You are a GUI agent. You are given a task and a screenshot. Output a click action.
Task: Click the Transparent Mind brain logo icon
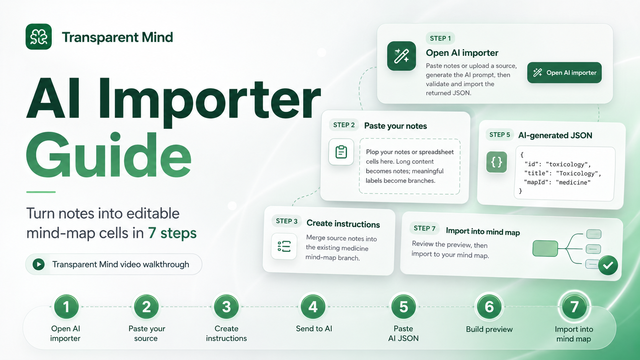click(39, 37)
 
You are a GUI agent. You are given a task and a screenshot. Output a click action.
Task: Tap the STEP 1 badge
click(440, 38)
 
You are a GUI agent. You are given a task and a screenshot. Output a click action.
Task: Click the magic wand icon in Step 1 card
click(402, 56)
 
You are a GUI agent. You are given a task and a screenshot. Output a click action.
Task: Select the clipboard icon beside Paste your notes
click(341, 152)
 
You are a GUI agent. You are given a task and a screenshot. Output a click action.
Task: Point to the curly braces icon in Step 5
click(496, 162)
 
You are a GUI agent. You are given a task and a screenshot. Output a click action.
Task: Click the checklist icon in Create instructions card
click(284, 246)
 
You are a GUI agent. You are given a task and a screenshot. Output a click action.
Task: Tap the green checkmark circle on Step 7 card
click(608, 265)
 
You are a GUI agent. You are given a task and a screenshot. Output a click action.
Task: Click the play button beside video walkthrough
click(39, 264)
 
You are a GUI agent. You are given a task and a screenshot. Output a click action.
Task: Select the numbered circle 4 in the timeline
click(313, 307)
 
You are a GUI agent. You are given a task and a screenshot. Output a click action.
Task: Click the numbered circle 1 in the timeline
click(66, 307)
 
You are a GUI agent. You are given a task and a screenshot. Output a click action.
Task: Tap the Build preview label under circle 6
click(489, 329)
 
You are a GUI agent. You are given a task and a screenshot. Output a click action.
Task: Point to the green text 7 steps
click(172, 233)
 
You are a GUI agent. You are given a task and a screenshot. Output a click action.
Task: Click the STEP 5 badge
click(500, 135)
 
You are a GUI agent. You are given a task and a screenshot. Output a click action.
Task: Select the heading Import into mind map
click(483, 231)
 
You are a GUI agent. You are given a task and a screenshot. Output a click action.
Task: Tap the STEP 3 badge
click(287, 221)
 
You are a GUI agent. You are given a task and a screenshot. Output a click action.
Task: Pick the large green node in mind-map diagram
click(545, 248)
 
